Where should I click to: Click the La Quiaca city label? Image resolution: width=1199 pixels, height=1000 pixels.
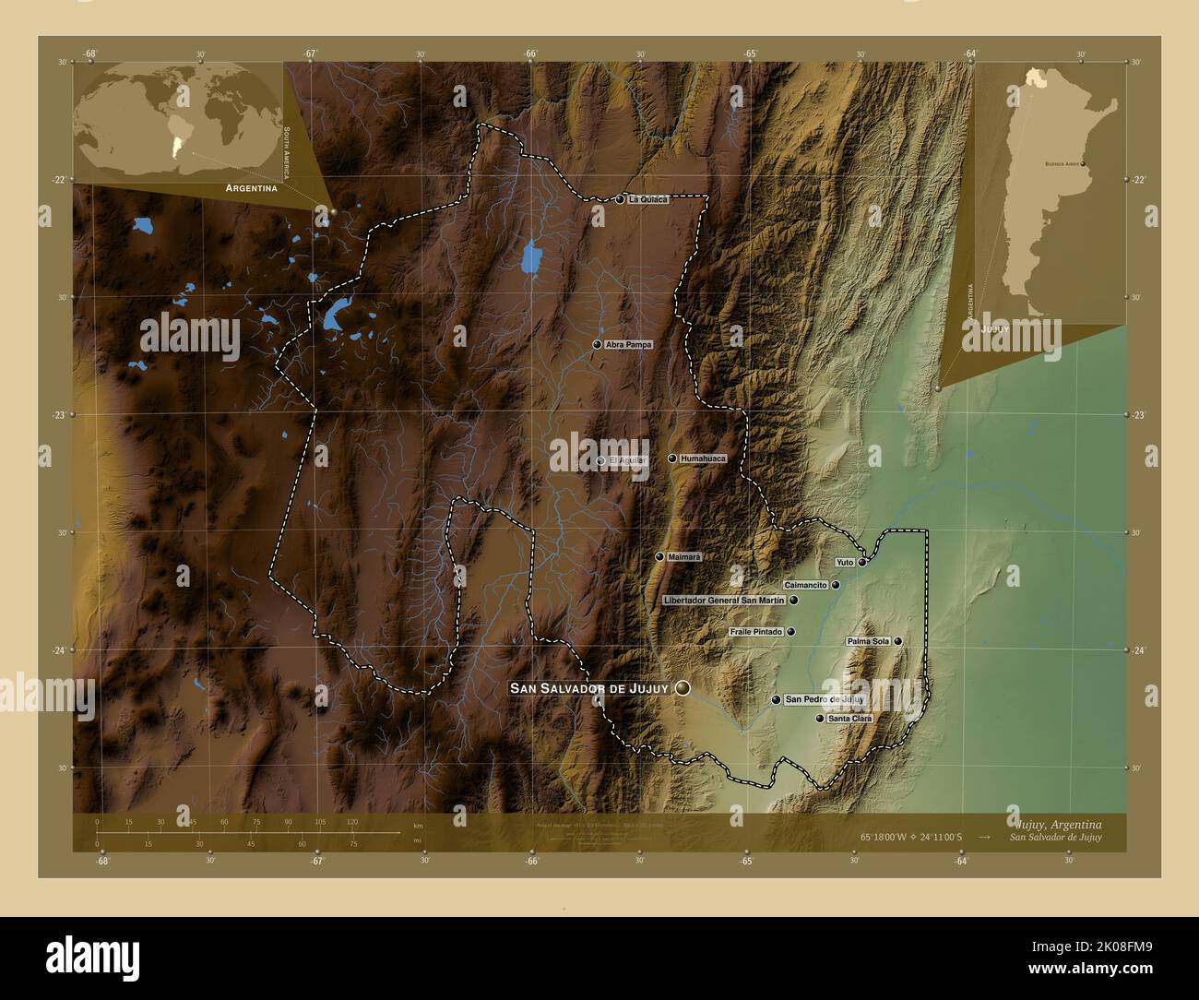coord(647,199)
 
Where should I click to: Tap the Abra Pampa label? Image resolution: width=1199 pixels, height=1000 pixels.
coord(628,345)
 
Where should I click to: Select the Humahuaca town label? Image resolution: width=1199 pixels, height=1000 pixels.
coord(703,458)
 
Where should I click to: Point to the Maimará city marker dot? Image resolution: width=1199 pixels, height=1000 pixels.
coord(659,557)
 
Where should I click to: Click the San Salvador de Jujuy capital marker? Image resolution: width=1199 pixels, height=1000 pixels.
coord(683,688)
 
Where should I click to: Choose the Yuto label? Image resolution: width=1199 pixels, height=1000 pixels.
coord(845,562)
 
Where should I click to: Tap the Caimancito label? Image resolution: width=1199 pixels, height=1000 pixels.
coord(805,586)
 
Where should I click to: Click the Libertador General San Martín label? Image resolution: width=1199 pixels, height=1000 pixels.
coord(724,601)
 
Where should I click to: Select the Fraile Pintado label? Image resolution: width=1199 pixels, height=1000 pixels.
coord(755,633)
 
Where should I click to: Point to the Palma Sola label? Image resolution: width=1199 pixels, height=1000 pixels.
coord(868,641)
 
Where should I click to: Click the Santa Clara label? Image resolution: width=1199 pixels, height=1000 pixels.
coord(849,718)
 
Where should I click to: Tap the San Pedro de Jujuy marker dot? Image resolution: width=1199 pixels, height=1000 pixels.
coord(777,700)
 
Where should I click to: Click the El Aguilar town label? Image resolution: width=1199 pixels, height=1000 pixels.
coord(626,459)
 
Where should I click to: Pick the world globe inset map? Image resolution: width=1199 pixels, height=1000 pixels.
coord(177,122)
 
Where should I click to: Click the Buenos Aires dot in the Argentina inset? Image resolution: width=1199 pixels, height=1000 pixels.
coord(1083,164)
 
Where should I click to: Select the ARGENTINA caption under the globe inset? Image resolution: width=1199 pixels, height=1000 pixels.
coord(246,188)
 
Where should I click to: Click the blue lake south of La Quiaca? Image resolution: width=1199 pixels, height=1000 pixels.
coord(530,258)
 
